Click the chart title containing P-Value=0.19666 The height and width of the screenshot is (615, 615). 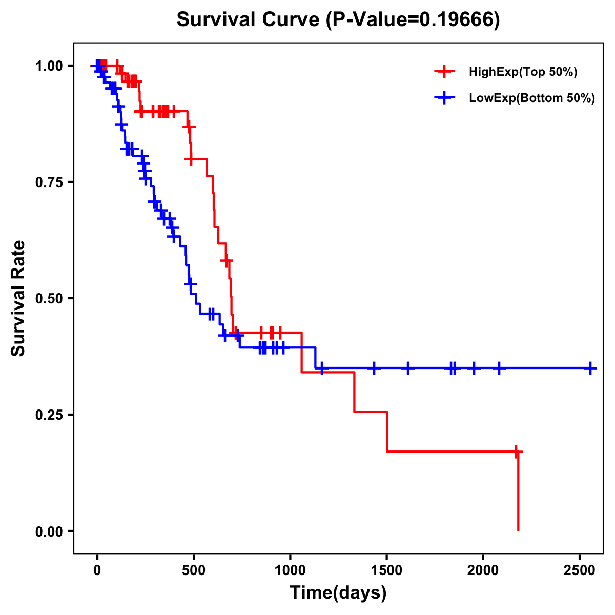pyautogui.click(x=338, y=20)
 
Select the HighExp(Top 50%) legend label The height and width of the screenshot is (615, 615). pyautogui.click(x=523, y=72)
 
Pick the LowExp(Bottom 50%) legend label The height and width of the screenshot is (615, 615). pyautogui.click(x=532, y=98)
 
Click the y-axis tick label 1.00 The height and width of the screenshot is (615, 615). pyautogui.click(x=49, y=66)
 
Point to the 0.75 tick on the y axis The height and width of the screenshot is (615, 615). pyautogui.click(x=49, y=182)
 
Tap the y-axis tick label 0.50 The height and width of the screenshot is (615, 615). pyautogui.click(x=49, y=299)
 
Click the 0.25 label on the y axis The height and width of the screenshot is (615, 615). pyautogui.click(x=49, y=415)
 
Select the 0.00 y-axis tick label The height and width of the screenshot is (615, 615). pyautogui.click(x=49, y=531)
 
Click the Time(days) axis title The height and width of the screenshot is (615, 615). pyautogui.click(x=338, y=593)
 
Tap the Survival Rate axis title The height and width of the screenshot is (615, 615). pyautogui.click(x=18, y=298)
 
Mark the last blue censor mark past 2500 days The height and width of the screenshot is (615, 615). pyautogui.click(x=590, y=368)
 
